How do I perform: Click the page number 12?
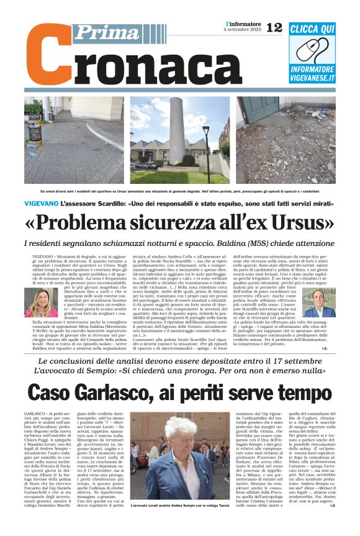pyautogui.click(x=274, y=27)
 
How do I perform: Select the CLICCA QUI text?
pyautogui.click(x=313, y=29)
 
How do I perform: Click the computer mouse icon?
pyautogui.click(x=313, y=49)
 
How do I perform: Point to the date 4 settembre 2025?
pyautogui.click(x=242, y=30)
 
